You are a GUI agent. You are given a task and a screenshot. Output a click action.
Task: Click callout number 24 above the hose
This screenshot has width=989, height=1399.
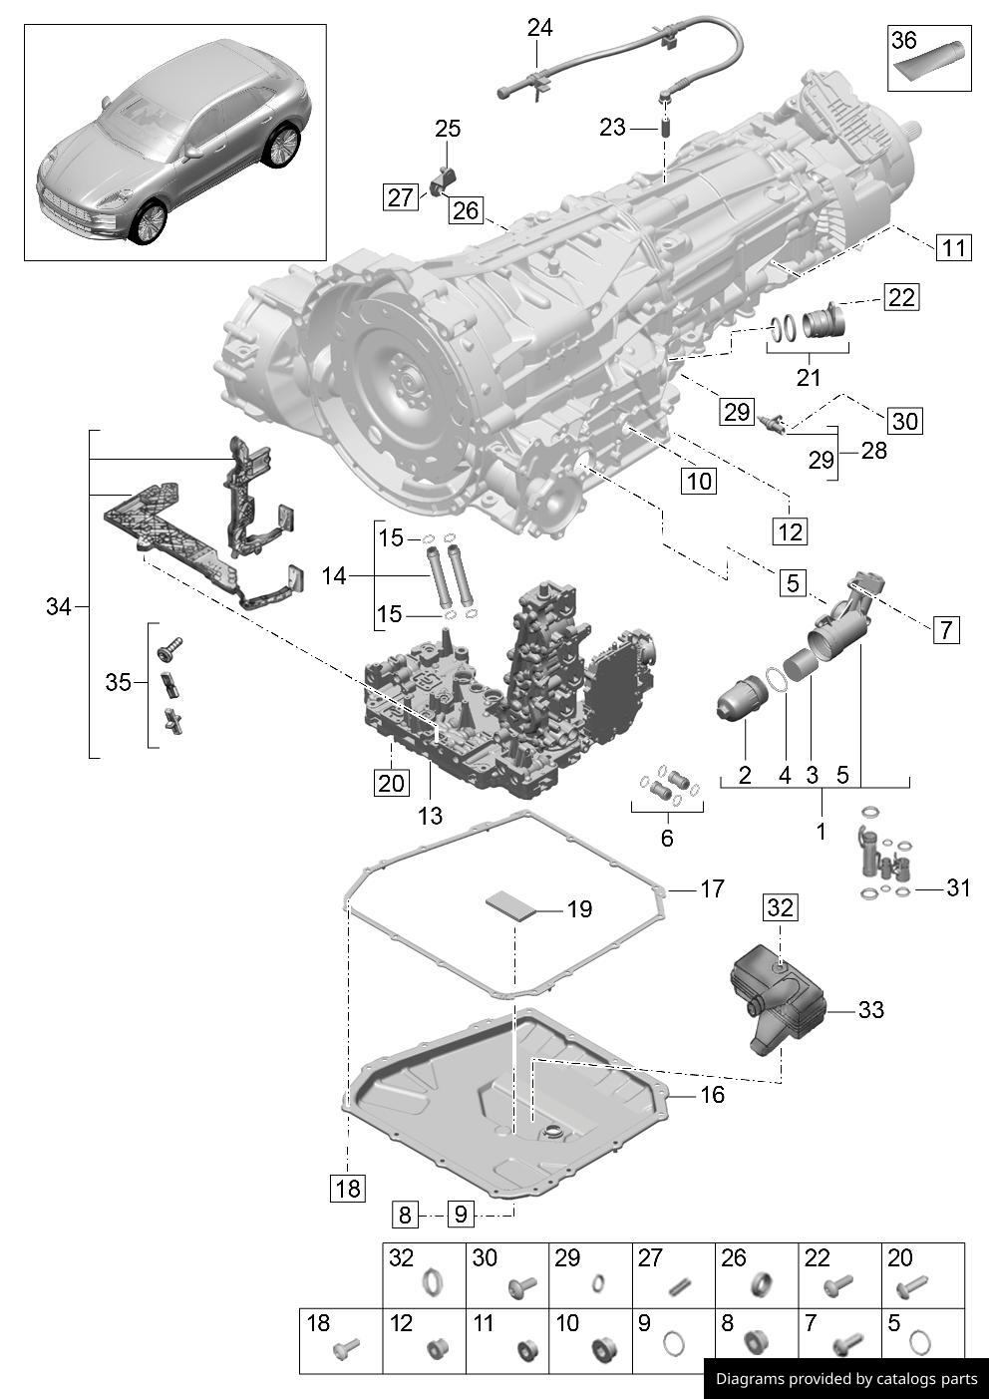tap(539, 28)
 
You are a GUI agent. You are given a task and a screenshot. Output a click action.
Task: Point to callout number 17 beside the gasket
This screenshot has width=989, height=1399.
tap(711, 888)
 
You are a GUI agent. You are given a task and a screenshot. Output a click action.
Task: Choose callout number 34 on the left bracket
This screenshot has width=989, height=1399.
tap(59, 606)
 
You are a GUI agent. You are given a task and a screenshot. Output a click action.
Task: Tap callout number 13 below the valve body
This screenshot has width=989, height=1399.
tap(429, 816)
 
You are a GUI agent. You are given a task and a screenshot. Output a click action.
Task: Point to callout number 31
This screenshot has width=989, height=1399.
tap(957, 887)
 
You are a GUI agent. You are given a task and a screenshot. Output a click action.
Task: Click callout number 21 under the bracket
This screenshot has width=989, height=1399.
tap(808, 377)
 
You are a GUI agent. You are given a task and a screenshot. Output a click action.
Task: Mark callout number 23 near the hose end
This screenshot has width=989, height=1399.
tap(612, 127)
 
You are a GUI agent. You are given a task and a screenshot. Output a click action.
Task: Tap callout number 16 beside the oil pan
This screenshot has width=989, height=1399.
tap(712, 1095)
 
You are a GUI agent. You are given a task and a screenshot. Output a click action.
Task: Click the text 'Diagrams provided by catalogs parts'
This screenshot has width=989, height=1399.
tap(846, 1379)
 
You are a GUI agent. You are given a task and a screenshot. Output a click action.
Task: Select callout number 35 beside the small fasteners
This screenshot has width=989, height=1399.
tap(118, 682)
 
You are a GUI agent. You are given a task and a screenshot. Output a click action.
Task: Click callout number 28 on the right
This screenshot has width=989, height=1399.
tap(873, 451)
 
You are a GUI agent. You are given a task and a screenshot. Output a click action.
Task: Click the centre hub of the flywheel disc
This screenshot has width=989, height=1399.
tap(406, 380)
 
